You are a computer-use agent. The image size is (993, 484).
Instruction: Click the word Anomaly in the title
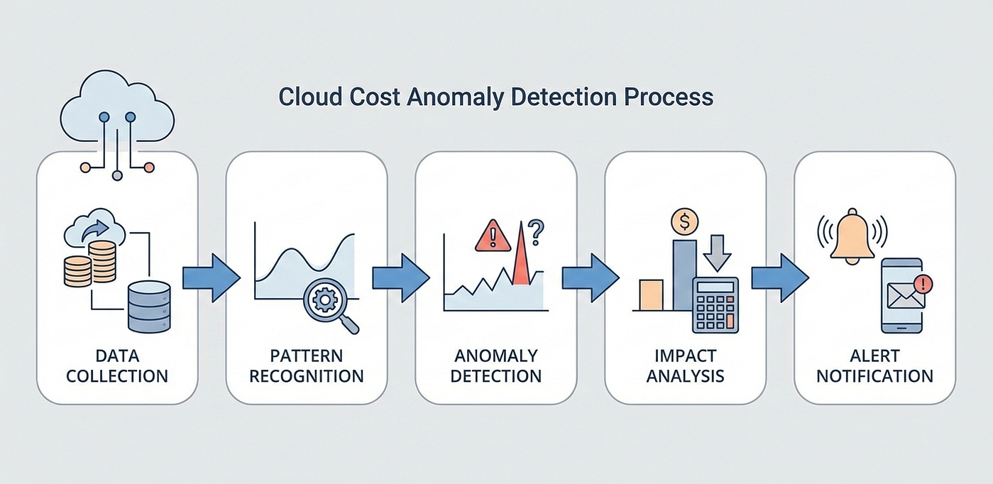(454, 97)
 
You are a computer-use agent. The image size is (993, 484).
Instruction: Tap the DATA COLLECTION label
(117, 365)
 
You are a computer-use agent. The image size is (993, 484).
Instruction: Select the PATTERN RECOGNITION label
(307, 365)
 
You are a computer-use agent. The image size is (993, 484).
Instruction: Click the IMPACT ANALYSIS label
(686, 365)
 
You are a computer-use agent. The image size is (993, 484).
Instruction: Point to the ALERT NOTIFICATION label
(874, 365)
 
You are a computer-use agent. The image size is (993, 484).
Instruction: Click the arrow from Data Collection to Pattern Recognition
(212, 278)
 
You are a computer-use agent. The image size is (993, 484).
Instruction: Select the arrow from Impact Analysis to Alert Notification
(780, 278)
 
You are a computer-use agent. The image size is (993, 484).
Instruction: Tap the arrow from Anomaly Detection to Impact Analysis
(591, 278)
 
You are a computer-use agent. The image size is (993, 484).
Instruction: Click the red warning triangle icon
(493, 236)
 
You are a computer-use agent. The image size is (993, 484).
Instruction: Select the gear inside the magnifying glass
(325, 299)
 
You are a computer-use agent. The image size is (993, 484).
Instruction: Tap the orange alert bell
(852, 236)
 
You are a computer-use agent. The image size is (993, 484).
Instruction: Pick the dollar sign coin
(685, 221)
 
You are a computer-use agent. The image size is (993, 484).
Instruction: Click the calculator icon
(715, 305)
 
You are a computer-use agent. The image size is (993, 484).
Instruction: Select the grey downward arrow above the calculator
(717, 253)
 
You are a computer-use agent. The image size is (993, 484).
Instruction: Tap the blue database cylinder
(149, 307)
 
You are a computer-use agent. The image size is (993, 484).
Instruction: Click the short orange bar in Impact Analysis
(651, 295)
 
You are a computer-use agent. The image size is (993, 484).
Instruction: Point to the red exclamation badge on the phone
(923, 284)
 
